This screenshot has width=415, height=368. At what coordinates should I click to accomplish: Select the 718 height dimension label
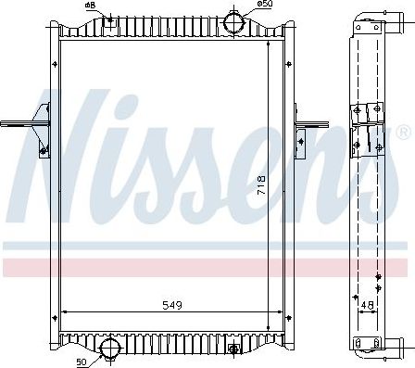[x=262, y=185]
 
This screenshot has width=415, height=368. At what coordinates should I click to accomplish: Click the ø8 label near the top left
[x=90, y=6]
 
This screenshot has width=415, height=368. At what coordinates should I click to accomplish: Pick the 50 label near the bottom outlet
[x=81, y=360]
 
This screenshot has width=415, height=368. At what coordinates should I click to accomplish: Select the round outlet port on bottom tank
[x=111, y=350]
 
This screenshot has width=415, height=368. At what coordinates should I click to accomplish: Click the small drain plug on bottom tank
[x=233, y=349]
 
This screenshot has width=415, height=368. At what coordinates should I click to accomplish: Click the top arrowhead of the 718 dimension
[x=270, y=44]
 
